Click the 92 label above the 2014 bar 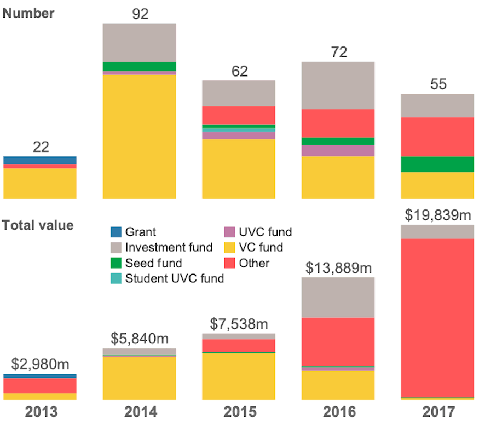click(140, 14)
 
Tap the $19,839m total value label click(438, 215)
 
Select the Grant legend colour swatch click(116, 232)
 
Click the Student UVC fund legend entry click(174, 278)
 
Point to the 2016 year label click(338, 412)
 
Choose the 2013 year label click(41, 412)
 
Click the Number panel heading click(29, 13)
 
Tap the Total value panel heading click(38, 225)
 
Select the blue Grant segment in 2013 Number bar click(40, 160)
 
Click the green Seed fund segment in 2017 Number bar click(437, 164)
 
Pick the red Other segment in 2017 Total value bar click(437, 317)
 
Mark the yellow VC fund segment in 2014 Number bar click(140, 136)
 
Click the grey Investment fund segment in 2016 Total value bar click(338, 297)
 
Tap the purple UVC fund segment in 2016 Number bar click(338, 150)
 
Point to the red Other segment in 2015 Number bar click(239, 115)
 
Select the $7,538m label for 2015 click(239, 324)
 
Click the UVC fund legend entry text click(265, 232)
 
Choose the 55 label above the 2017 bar click(438, 84)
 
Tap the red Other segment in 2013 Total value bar click(40, 386)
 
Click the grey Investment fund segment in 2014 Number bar click(140, 43)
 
